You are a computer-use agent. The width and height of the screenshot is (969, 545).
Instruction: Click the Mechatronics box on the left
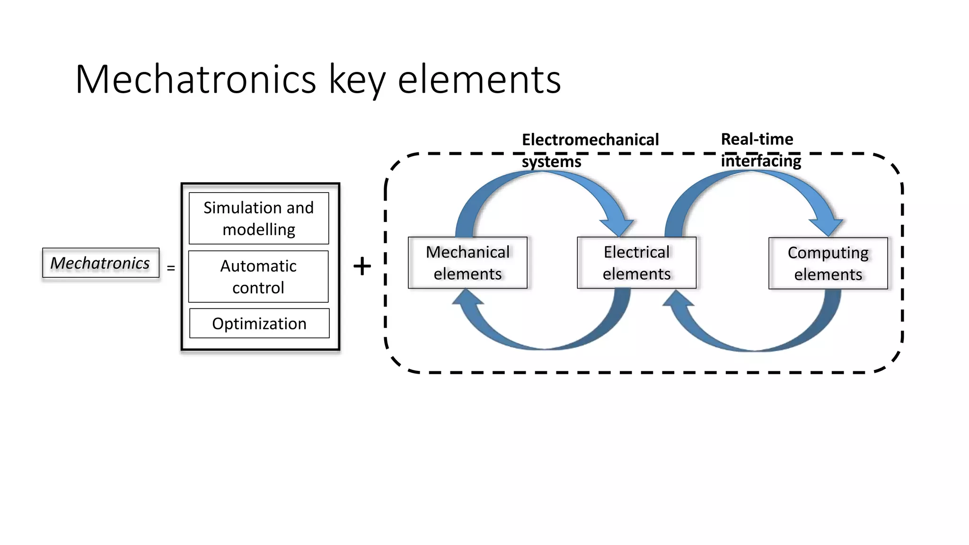coord(100,263)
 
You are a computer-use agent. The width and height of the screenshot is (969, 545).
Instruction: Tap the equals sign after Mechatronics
coord(171,268)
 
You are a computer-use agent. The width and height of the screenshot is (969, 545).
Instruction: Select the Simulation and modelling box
coord(258,218)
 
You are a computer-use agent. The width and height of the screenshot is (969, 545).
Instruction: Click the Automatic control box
coord(258,276)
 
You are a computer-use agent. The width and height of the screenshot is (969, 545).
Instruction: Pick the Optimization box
coord(259,324)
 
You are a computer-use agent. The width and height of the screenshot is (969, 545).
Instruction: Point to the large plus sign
coord(362,266)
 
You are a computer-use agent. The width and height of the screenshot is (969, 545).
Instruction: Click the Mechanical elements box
coord(467,263)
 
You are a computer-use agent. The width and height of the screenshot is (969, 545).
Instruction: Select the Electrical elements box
coord(636,263)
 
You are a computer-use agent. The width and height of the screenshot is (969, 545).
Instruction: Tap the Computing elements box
coord(828,264)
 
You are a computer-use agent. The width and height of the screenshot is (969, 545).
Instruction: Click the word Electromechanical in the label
coord(590,140)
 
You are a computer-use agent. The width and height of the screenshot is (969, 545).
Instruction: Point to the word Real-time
coord(757,139)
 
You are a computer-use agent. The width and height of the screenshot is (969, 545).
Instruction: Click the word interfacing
coord(761,161)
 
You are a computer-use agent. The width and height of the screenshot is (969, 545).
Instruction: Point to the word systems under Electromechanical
coord(551,162)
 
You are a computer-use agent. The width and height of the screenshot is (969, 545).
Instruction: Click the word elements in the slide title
coord(479,79)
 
